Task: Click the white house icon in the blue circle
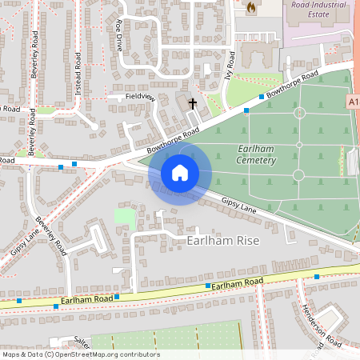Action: [180, 172]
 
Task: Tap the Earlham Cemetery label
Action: [257, 154]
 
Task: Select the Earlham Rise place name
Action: [223, 240]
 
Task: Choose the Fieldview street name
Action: [139, 96]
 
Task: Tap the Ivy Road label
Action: [232, 62]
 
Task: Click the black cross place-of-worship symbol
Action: [192, 103]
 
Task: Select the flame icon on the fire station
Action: [250, 7]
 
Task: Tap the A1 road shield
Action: [353, 102]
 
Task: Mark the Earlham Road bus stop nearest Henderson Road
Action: [317, 277]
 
